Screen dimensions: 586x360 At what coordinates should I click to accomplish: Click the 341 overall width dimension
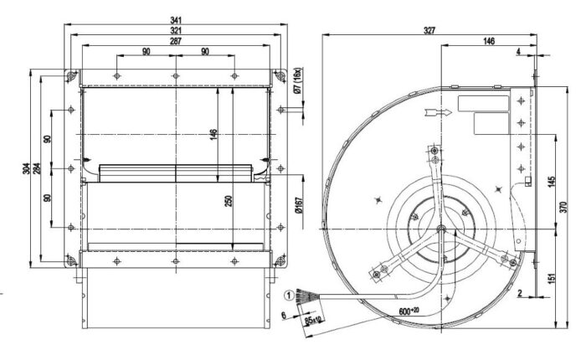click(176, 20)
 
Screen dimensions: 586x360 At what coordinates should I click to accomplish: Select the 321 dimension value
click(176, 30)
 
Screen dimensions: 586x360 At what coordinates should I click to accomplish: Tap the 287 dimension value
click(176, 41)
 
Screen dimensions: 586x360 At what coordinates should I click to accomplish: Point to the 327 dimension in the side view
click(429, 30)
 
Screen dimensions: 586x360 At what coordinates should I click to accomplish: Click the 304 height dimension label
click(26, 168)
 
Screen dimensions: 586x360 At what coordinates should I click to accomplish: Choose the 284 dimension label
click(37, 168)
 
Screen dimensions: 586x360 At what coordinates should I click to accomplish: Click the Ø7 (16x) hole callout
click(297, 80)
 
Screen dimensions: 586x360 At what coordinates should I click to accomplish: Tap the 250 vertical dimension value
click(229, 201)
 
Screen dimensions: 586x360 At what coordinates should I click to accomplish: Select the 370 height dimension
click(564, 207)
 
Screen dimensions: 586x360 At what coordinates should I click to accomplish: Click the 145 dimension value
click(553, 182)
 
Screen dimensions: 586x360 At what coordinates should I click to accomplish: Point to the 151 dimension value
click(553, 277)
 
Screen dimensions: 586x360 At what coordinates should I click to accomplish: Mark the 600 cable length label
click(409, 311)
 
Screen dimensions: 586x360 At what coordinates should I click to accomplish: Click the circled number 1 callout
click(289, 296)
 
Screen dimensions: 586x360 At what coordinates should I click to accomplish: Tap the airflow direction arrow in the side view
click(439, 112)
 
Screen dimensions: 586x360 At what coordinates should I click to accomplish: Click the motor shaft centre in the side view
click(441, 228)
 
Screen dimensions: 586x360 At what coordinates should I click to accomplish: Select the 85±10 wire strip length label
click(313, 320)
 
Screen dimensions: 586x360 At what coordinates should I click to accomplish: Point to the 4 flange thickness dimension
click(518, 51)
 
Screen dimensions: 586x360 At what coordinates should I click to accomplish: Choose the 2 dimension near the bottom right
click(520, 294)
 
